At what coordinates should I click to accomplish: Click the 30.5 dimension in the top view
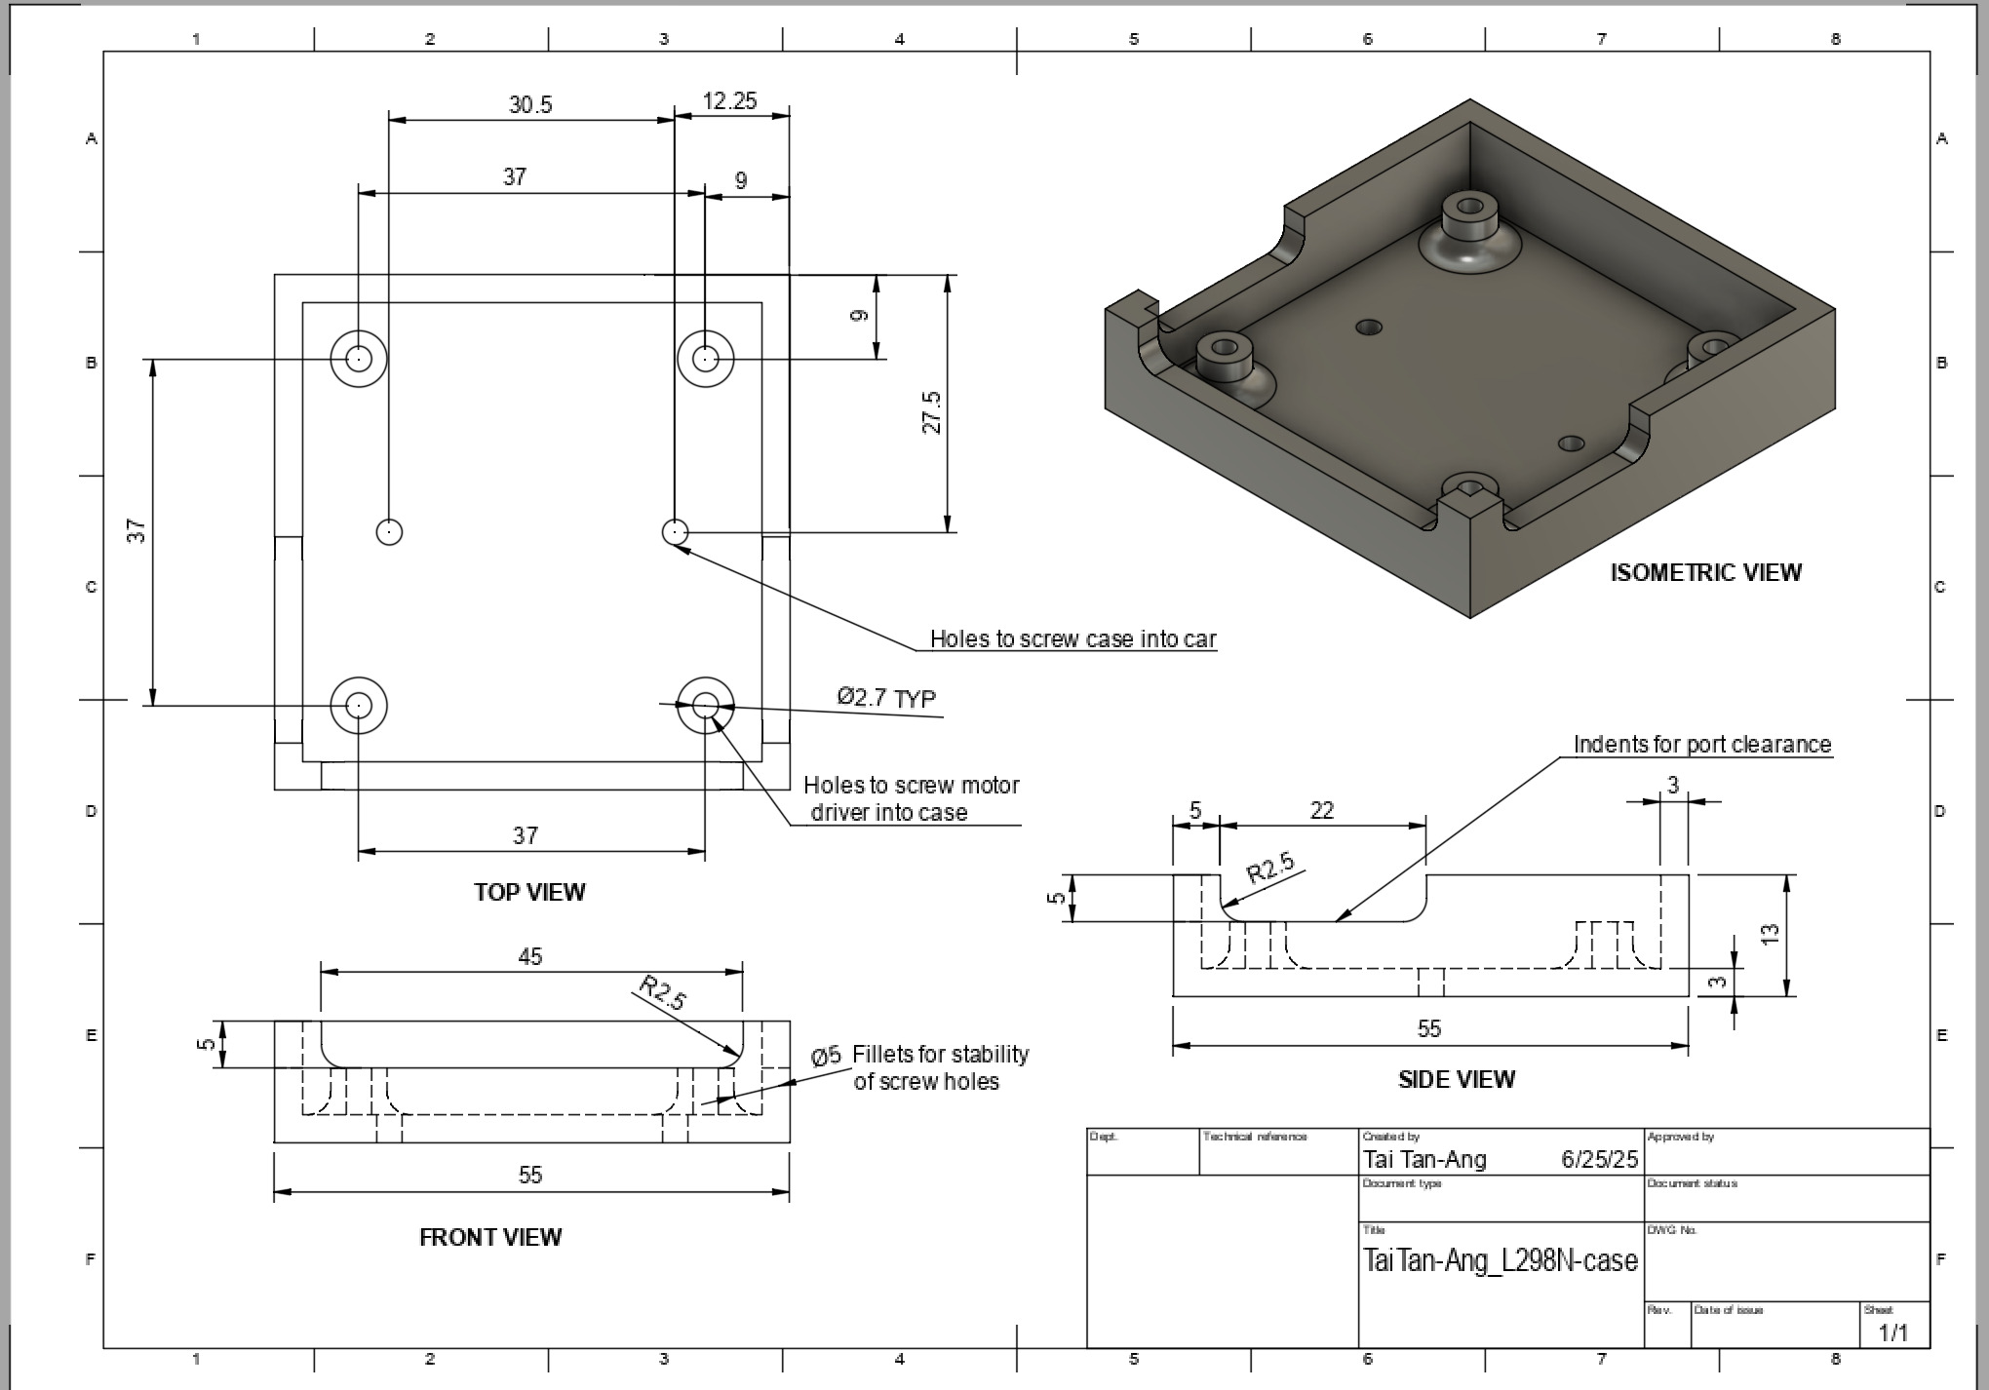[x=530, y=104]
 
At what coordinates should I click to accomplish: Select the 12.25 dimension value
[x=729, y=101]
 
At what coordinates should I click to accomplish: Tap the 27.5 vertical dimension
[x=932, y=412]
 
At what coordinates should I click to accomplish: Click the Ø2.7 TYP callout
[x=885, y=698]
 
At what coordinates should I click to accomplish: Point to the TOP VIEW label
[x=529, y=892]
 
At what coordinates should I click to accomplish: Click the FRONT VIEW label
[x=490, y=1237]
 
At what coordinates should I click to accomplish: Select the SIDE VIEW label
[x=1457, y=1079]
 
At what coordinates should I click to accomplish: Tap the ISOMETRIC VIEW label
[x=1705, y=572]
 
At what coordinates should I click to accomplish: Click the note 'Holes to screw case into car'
[x=1072, y=639]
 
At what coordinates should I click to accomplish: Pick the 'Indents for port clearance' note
[x=1702, y=745]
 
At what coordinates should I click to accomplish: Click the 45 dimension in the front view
[x=530, y=956]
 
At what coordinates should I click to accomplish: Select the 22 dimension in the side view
[x=1321, y=811]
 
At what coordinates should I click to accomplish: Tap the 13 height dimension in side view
[x=1771, y=933]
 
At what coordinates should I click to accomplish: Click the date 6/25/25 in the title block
[x=1599, y=1159]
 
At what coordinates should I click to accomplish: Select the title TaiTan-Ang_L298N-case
[x=1500, y=1260]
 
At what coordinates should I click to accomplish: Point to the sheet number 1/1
[x=1892, y=1332]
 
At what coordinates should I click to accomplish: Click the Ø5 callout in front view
[x=826, y=1056]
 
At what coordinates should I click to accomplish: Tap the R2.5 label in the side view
[x=1270, y=867]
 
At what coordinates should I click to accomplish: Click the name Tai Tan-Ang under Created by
[x=1424, y=1159]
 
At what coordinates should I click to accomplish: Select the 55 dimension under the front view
[x=530, y=1175]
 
